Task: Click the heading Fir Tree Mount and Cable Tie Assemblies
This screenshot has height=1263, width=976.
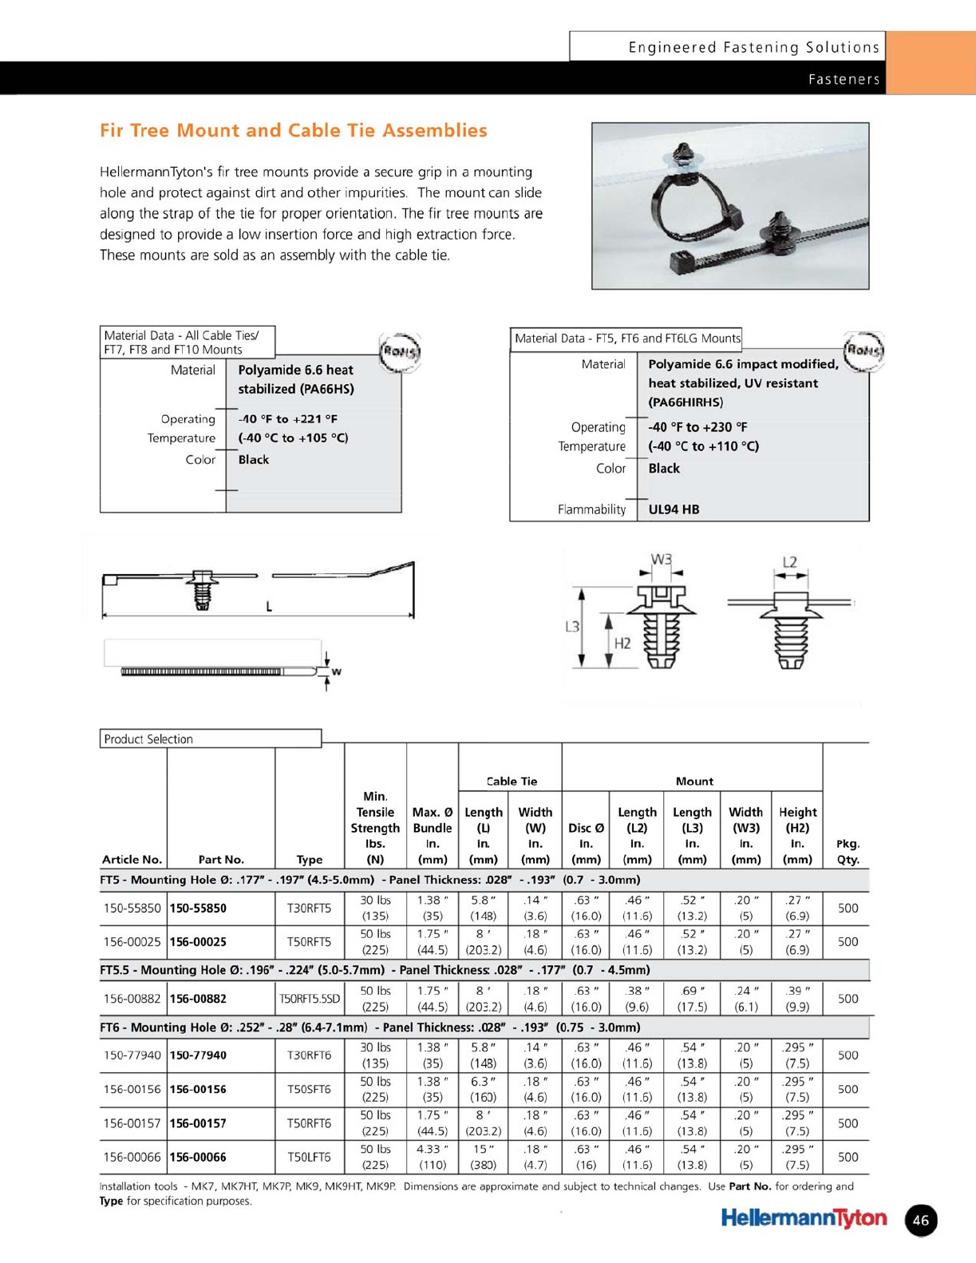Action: pyautogui.click(x=293, y=131)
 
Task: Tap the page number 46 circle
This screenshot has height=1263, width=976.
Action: pyautogui.click(x=921, y=1220)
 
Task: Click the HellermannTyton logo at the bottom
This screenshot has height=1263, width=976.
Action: pyautogui.click(x=803, y=1218)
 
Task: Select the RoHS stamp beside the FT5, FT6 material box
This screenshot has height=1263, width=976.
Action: pyautogui.click(x=864, y=351)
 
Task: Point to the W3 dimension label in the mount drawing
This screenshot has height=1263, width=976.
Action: pyautogui.click(x=662, y=560)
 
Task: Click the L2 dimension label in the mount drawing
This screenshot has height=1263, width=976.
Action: pyautogui.click(x=789, y=562)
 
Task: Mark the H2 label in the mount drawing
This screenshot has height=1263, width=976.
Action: pyautogui.click(x=622, y=643)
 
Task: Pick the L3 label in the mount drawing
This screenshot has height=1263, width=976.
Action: pyautogui.click(x=572, y=628)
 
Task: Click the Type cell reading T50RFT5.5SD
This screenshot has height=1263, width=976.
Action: pyautogui.click(x=309, y=999)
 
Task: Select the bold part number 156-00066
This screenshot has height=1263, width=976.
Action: pyautogui.click(x=198, y=1157)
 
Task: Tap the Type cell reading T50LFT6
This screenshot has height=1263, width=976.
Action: pyautogui.click(x=309, y=1157)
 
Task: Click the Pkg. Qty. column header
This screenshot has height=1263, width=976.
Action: pyautogui.click(x=848, y=851)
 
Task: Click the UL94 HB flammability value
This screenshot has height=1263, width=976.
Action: pyautogui.click(x=674, y=509)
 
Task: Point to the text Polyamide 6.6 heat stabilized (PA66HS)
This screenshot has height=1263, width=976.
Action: pyautogui.click(x=295, y=379)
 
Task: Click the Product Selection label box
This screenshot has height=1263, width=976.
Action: pyautogui.click(x=211, y=738)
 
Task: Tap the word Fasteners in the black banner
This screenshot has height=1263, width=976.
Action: pyautogui.click(x=844, y=79)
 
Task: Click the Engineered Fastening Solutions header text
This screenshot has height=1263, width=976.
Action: pyautogui.click(x=753, y=47)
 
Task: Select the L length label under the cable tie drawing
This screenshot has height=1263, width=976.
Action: pyautogui.click(x=269, y=607)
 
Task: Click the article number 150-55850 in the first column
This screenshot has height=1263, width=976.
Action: pyautogui.click(x=132, y=908)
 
